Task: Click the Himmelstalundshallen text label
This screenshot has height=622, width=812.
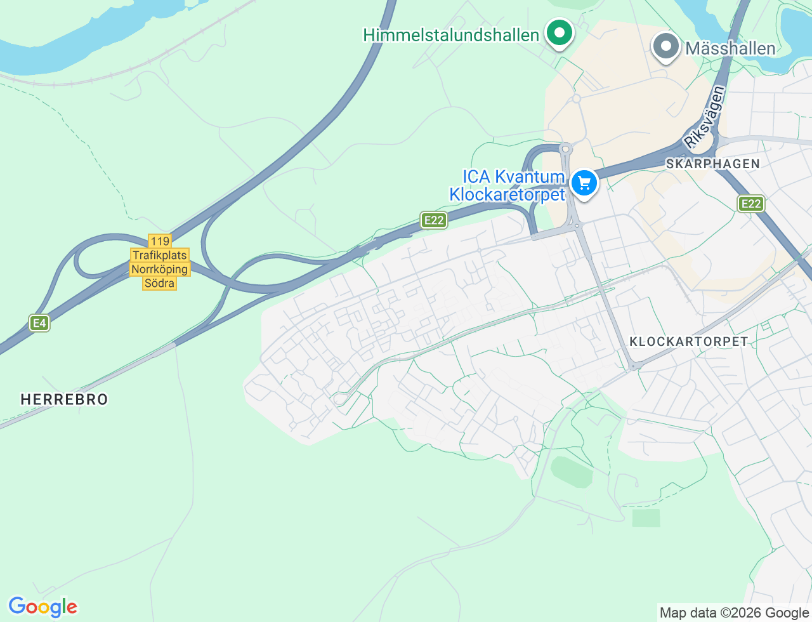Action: pyautogui.click(x=450, y=35)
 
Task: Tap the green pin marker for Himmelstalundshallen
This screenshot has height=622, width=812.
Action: pyautogui.click(x=559, y=32)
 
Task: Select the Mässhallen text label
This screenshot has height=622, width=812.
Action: pyautogui.click(x=730, y=48)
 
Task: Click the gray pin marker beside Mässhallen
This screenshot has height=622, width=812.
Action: pyautogui.click(x=665, y=46)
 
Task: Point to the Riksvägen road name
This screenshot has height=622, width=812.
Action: pyautogui.click(x=705, y=118)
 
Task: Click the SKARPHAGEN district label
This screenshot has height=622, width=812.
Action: pyautogui.click(x=712, y=164)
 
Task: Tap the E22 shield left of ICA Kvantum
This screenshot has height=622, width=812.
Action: pyautogui.click(x=434, y=220)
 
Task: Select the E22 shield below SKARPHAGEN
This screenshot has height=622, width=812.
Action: pyautogui.click(x=751, y=204)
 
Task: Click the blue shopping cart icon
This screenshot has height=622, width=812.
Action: pyautogui.click(x=584, y=183)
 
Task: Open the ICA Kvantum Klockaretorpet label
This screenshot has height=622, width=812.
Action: pyautogui.click(x=506, y=185)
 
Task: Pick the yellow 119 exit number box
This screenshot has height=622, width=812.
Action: pyautogui.click(x=160, y=241)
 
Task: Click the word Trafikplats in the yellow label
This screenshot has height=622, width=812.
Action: pyautogui.click(x=160, y=255)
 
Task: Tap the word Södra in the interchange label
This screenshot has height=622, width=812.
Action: pyautogui.click(x=159, y=283)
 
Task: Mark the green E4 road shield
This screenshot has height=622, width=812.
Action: pyautogui.click(x=39, y=323)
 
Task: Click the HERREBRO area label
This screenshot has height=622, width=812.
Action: pyautogui.click(x=64, y=399)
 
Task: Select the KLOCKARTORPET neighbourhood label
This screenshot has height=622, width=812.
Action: pyautogui.click(x=688, y=341)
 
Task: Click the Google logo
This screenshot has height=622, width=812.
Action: pyautogui.click(x=43, y=607)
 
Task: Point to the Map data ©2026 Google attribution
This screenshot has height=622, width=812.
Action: pyautogui.click(x=734, y=612)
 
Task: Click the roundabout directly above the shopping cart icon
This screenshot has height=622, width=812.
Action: pyautogui.click(x=565, y=149)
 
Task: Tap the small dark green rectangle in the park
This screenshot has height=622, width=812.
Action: pyautogui.click(x=646, y=518)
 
